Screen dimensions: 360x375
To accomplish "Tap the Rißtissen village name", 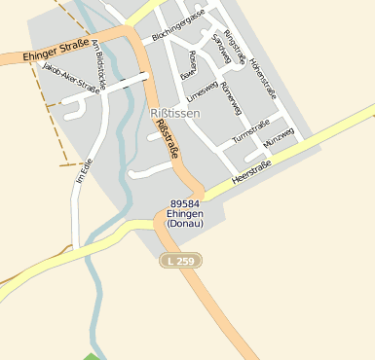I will point(175,114).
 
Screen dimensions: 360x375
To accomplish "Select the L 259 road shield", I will point(180,261).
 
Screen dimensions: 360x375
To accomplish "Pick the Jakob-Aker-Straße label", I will point(72,78).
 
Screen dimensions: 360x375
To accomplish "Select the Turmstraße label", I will point(250,134).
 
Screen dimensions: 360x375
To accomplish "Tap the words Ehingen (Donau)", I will point(185,219).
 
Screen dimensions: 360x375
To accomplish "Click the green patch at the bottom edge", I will point(92,356).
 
